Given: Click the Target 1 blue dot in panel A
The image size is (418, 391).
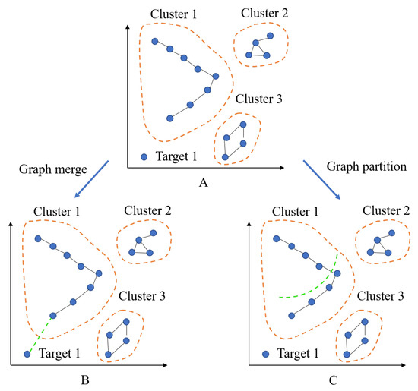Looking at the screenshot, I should [x=144, y=157].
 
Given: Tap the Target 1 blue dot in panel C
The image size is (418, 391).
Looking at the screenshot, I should [x=265, y=353].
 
